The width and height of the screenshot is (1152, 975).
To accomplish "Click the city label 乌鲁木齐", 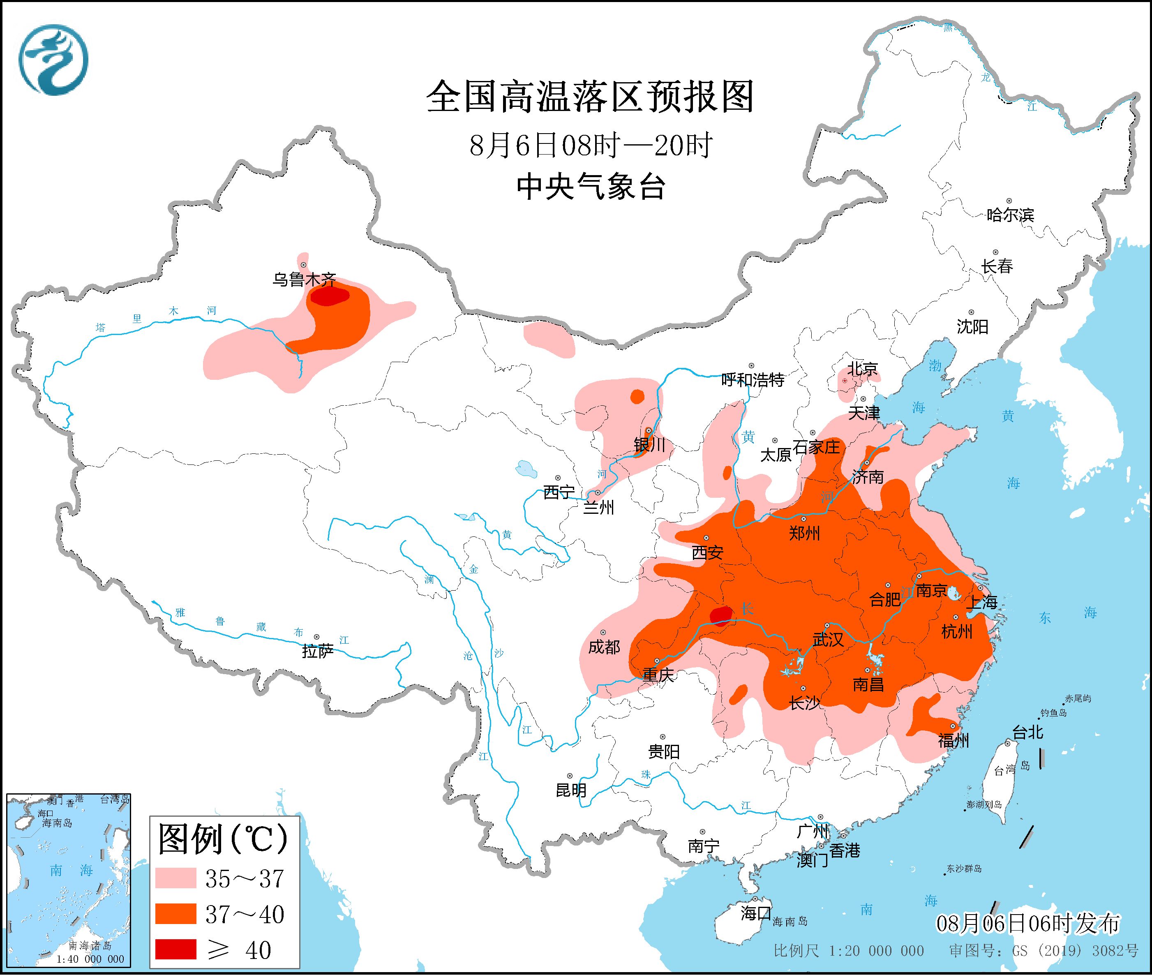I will pyautogui.click(x=304, y=280).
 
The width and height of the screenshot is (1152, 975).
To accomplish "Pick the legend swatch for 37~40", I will pyautogui.click(x=176, y=914).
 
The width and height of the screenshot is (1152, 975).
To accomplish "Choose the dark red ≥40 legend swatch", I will pyautogui.click(x=176, y=949).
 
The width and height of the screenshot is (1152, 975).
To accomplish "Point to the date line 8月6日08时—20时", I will pyautogui.click(x=591, y=146).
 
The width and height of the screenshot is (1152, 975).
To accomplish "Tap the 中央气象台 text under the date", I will pyautogui.click(x=591, y=187).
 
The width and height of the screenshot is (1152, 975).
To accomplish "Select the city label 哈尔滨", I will pyautogui.click(x=1010, y=215).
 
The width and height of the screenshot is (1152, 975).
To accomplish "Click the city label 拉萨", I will pyautogui.click(x=318, y=651).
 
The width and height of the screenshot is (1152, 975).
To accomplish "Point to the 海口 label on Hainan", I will pyautogui.click(x=756, y=913).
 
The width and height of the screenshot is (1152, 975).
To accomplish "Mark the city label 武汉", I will pyautogui.click(x=828, y=640).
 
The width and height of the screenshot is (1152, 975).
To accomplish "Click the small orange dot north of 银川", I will pyautogui.click(x=637, y=396).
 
